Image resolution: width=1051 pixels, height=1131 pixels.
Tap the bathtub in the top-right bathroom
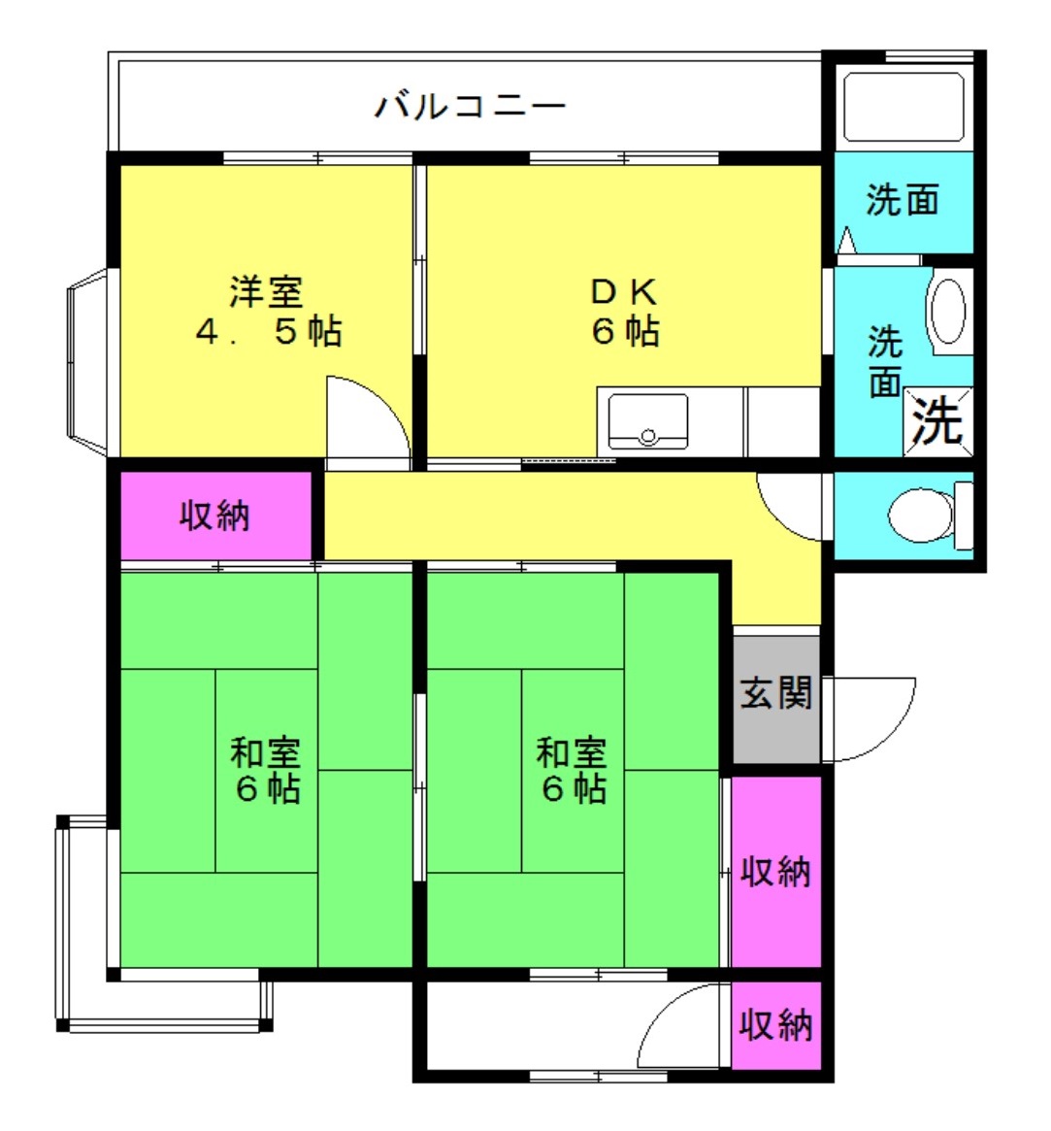[903, 107]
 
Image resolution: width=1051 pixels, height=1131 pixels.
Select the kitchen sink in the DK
[647, 420]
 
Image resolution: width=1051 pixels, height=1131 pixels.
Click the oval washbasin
[948, 311]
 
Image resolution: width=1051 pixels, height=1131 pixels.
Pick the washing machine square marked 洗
[937, 421]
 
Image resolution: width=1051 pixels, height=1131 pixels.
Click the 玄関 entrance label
[775, 693]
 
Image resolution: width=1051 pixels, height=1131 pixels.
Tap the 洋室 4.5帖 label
[268, 312]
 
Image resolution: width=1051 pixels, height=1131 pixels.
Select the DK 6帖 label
[625, 312]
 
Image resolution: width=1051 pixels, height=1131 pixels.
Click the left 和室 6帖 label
[265, 771]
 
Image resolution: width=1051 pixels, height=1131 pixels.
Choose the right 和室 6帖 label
[572, 771]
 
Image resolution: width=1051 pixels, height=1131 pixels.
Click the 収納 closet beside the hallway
[215, 515]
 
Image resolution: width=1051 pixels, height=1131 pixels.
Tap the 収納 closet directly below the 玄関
[776, 872]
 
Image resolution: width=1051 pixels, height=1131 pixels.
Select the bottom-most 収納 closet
[776, 1025]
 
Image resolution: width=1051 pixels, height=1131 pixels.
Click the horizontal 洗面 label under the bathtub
[903, 200]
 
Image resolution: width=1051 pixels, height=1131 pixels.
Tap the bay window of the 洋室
[88, 362]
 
